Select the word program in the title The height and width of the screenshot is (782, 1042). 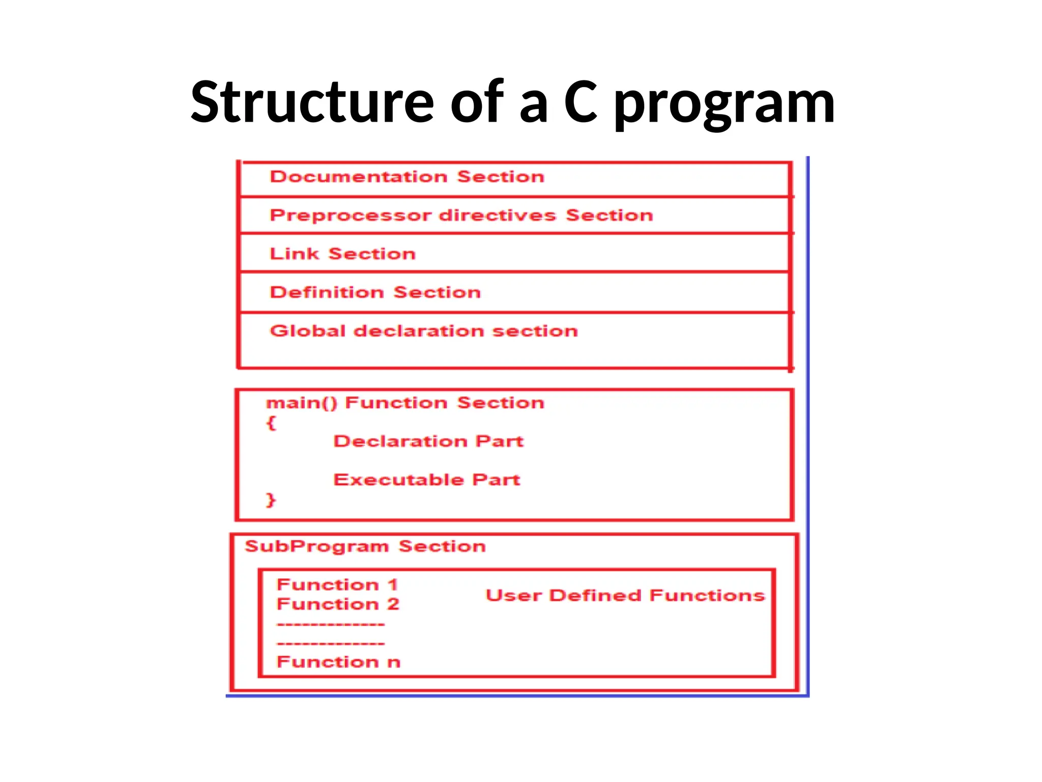tap(725, 104)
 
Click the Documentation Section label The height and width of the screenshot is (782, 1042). tap(407, 177)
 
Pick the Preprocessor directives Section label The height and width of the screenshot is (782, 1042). tap(461, 215)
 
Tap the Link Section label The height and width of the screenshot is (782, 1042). tap(342, 254)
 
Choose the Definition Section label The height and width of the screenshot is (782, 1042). tap(375, 292)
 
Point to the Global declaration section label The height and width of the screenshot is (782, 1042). tap(424, 331)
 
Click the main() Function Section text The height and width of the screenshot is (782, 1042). tap(405, 403)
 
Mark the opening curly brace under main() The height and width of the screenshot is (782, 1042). tap(271, 423)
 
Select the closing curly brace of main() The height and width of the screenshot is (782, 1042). tap(271, 499)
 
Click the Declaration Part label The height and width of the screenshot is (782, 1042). tap(428, 441)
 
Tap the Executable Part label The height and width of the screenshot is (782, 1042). tap(426, 480)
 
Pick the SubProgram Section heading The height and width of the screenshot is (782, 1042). tap(365, 546)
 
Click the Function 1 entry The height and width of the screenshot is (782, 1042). tap(337, 584)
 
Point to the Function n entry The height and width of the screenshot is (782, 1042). tap(338, 662)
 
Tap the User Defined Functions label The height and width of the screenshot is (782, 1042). tap(625, 595)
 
